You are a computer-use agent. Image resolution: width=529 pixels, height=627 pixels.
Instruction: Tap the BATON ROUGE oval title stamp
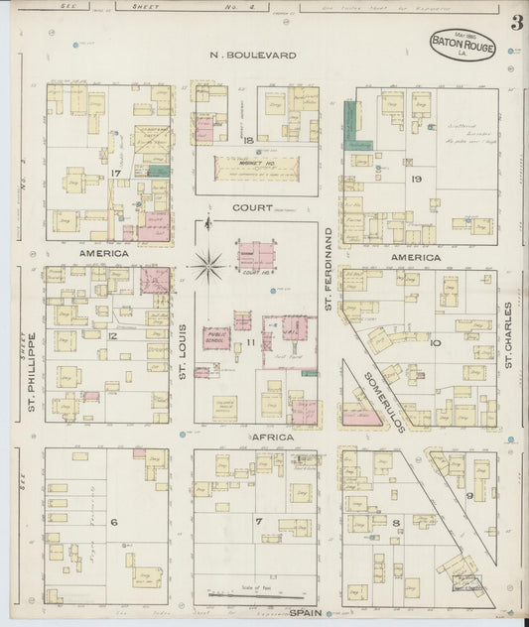(463, 46)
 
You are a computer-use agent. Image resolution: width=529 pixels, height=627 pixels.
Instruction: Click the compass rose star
(208, 265)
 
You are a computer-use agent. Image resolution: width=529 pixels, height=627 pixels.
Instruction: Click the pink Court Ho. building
(257, 256)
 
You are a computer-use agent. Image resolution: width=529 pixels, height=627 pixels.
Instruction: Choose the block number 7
(258, 522)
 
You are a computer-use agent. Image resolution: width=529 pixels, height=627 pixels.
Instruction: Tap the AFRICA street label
(262, 436)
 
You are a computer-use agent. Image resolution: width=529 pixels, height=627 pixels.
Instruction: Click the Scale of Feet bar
(248, 593)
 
